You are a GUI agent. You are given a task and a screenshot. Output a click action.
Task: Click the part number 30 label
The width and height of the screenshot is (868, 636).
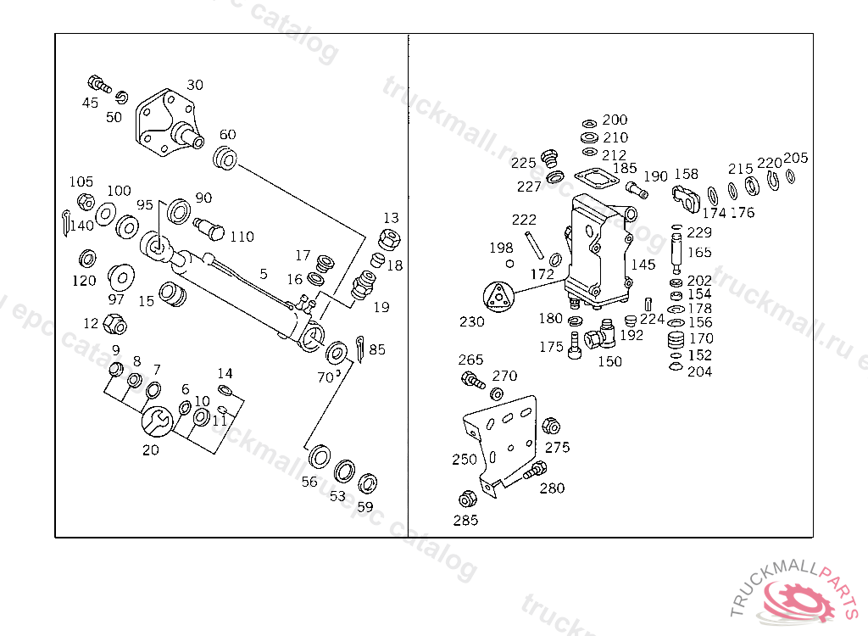pyautogui.click(x=195, y=85)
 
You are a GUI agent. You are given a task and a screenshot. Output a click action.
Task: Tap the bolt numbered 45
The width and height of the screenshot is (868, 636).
pyautogui.click(x=98, y=84)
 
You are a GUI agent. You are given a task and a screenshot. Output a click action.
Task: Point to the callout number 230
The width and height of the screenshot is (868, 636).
pyautogui.click(x=471, y=322)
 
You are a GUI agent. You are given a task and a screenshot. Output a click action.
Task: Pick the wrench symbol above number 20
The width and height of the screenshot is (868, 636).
pyautogui.click(x=157, y=420)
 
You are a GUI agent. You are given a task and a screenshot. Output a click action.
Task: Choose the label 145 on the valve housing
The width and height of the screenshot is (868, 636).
pyautogui.click(x=643, y=265)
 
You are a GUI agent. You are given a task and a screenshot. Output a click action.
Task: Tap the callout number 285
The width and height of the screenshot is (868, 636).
pyautogui.click(x=465, y=520)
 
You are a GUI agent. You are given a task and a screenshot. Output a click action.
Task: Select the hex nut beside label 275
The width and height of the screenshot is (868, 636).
pyautogui.click(x=549, y=426)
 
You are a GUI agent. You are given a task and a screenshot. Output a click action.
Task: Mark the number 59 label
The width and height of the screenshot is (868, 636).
pyautogui.click(x=364, y=507)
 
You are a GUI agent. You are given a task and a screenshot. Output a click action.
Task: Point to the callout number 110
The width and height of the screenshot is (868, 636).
pyautogui.click(x=242, y=237)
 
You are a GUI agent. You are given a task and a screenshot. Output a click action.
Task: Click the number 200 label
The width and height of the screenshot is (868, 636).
pyautogui.click(x=615, y=120)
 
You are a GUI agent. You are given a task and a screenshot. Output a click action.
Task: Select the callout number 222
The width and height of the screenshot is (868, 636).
pyautogui.click(x=524, y=220)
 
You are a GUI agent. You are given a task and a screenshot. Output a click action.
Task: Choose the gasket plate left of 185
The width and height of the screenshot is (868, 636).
pyautogui.click(x=594, y=179)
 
